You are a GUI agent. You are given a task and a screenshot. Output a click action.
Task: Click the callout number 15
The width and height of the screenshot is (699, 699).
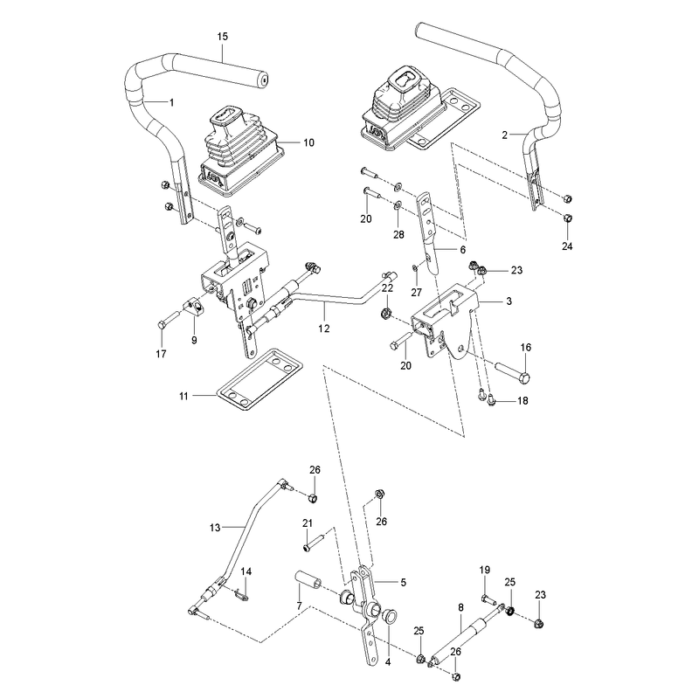223,36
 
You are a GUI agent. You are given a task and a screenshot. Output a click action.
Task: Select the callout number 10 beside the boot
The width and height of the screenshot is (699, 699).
309,142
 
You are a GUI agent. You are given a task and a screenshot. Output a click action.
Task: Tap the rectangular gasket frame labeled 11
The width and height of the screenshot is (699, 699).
260,379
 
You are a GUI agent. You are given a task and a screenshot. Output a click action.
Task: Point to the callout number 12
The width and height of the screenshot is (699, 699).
324,329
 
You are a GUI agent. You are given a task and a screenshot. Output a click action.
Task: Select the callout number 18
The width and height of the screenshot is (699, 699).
523,401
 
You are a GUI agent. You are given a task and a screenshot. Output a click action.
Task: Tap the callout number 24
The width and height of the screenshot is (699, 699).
567,246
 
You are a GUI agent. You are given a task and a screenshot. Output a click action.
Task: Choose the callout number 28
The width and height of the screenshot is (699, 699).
398,234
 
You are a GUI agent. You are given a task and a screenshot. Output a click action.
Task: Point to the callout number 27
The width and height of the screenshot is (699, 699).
417,293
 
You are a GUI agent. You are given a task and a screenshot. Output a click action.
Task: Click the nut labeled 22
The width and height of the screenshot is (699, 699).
386,313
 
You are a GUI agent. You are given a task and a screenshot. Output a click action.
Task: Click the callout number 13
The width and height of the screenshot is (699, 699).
215,528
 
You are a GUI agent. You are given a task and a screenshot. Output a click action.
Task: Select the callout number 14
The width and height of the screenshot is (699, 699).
246,571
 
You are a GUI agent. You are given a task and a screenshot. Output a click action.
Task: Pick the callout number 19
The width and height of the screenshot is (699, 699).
485,570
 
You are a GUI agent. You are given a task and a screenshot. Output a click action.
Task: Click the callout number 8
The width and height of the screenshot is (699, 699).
461,607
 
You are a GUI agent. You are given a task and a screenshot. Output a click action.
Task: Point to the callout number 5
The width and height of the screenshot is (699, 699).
404,582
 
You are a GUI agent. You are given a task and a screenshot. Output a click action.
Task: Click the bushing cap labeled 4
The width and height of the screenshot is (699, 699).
391,618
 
